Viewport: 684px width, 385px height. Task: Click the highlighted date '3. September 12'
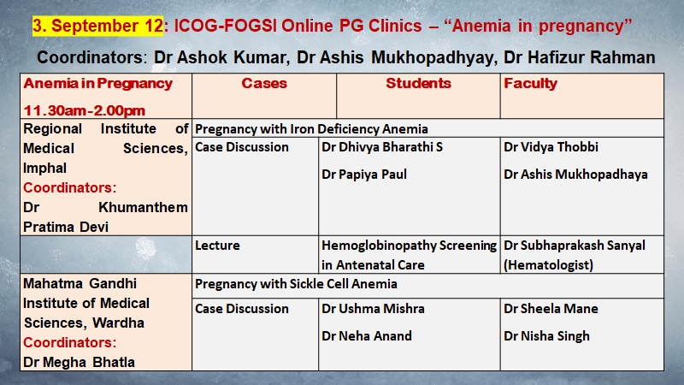pyautogui.click(x=97, y=26)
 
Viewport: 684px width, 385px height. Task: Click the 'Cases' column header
pyautogui.click(x=264, y=83)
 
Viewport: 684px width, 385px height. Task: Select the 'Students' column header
pyautogui.click(x=418, y=83)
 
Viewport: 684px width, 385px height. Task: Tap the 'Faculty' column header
pyautogui.click(x=530, y=84)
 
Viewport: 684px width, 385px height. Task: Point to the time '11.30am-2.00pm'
pyautogui.click(x=84, y=111)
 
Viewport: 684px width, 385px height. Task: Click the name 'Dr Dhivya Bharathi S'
pyautogui.click(x=382, y=147)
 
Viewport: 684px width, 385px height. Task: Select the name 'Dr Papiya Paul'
pyautogui.click(x=364, y=175)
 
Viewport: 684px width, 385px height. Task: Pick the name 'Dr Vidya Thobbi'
pyautogui.click(x=551, y=147)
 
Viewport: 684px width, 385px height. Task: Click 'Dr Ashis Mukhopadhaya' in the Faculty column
pyautogui.click(x=575, y=175)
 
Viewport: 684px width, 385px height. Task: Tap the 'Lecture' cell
pyautogui.click(x=217, y=246)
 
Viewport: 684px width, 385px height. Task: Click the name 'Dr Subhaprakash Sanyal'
pyautogui.click(x=575, y=246)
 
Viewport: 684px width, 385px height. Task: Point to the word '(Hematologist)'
pyautogui.click(x=548, y=265)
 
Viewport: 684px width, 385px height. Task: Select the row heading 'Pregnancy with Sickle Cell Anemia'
pyautogui.click(x=296, y=284)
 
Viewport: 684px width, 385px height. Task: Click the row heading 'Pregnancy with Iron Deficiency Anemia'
pyautogui.click(x=311, y=129)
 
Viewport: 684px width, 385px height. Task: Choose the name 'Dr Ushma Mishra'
pyautogui.click(x=373, y=309)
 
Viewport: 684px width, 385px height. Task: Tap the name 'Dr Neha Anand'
pyautogui.click(x=367, y=336)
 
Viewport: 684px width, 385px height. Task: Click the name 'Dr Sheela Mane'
pyautogui.click(x=551, y=309)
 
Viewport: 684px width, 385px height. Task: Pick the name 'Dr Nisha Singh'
pyautogui.click(x=546, y=336)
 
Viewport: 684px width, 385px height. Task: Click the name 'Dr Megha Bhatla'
pyautogui.click(x=79, y=362)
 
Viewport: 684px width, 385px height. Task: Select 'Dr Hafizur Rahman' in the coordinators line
pyautogui.click(x=580, y=57)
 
